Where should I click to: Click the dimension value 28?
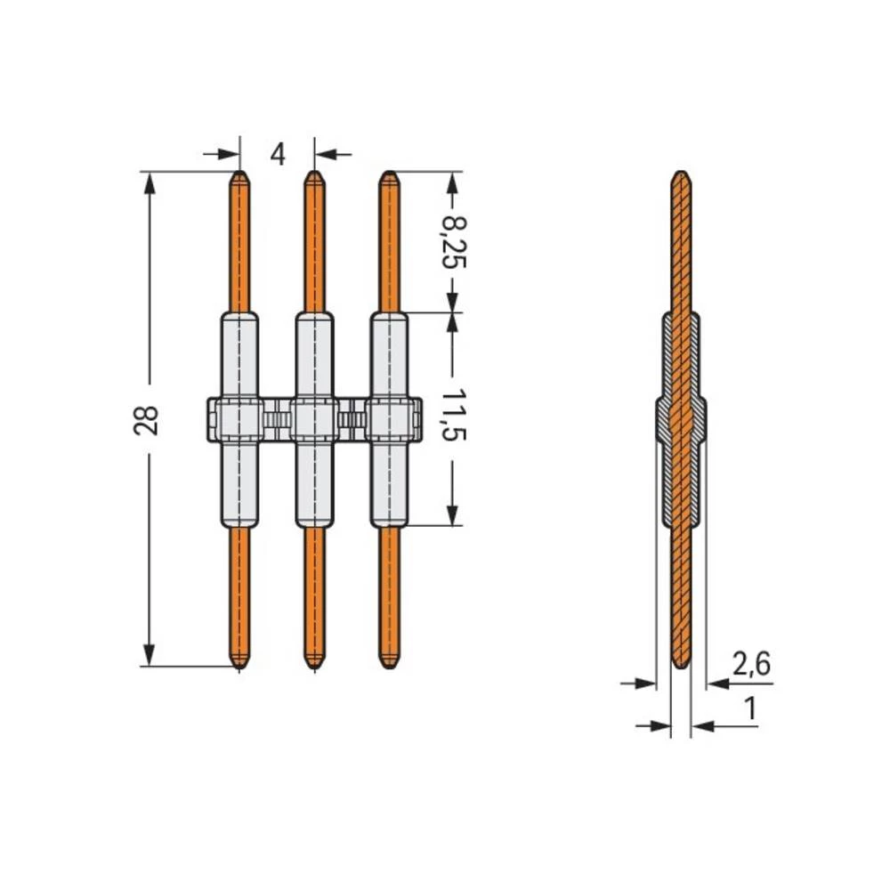point(148,419)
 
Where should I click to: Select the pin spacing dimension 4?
point(278,154)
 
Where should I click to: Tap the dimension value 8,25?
point(455,240)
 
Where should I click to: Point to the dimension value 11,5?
point(455,415)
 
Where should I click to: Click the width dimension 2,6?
point(751,663)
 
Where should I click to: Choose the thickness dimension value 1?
point(750,708)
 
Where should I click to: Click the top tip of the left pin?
point(239,175)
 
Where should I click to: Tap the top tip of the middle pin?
point(313,175)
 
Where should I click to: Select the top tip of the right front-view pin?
point(387,175)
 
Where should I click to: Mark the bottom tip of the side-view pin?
point(681,664)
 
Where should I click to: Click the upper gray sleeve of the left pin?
point(239,356)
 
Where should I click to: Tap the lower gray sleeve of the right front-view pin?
point(387,485)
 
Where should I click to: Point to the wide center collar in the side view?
point(681,419)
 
